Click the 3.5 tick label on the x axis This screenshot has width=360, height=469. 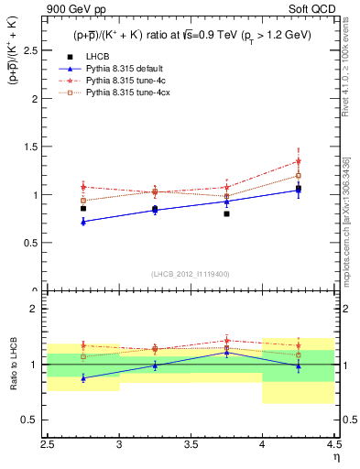tap(191, 446)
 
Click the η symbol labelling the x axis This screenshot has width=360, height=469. tap(336, 458)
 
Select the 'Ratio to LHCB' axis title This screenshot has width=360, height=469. tap(14, 365)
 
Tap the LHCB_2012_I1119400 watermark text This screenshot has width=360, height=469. tap(191, 274)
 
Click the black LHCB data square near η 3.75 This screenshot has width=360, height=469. tap(226, 213)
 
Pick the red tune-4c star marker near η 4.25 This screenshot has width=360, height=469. tap(298, 161)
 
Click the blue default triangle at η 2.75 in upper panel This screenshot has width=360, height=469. tap(83, 222)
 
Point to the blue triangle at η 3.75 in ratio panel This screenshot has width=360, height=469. tap(226, 353)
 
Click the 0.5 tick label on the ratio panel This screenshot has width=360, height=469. tap(34, 420)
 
